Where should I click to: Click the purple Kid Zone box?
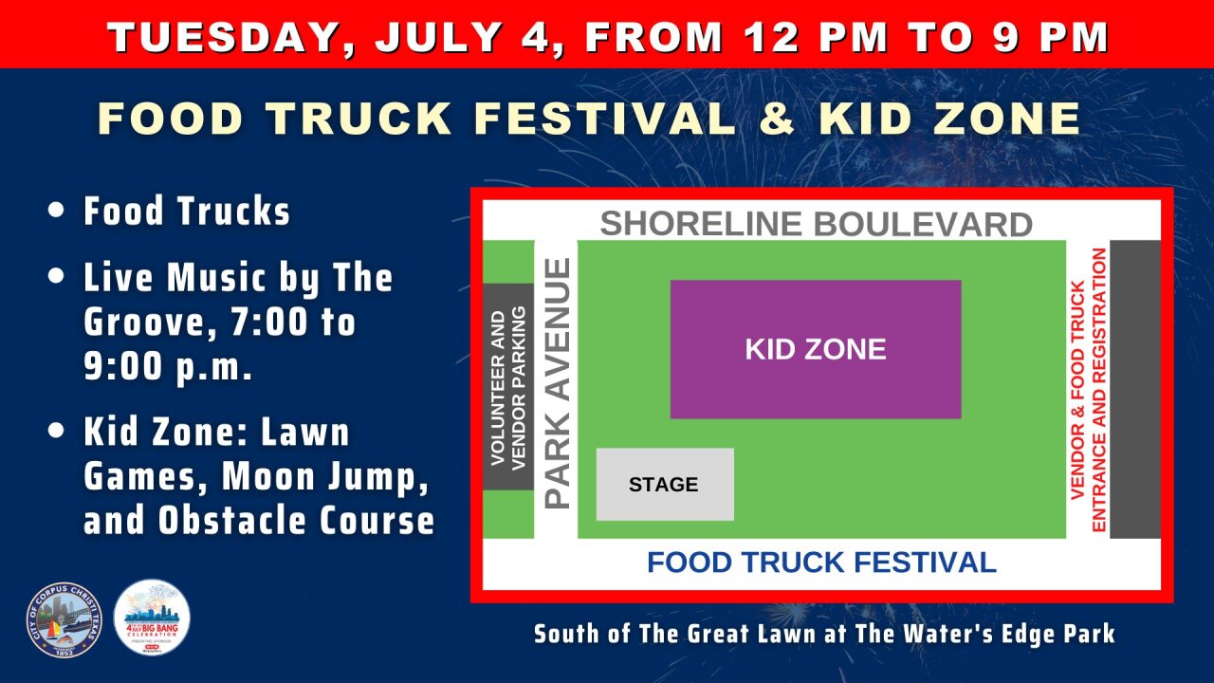816,349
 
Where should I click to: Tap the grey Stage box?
664,485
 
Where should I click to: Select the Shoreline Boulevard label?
816,225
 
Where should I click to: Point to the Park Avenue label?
560,383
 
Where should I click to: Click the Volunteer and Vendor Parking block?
508,387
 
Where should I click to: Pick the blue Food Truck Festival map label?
821,562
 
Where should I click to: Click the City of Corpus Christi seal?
64,619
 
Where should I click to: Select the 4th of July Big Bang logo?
152,618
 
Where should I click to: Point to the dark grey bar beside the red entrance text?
1135,389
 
